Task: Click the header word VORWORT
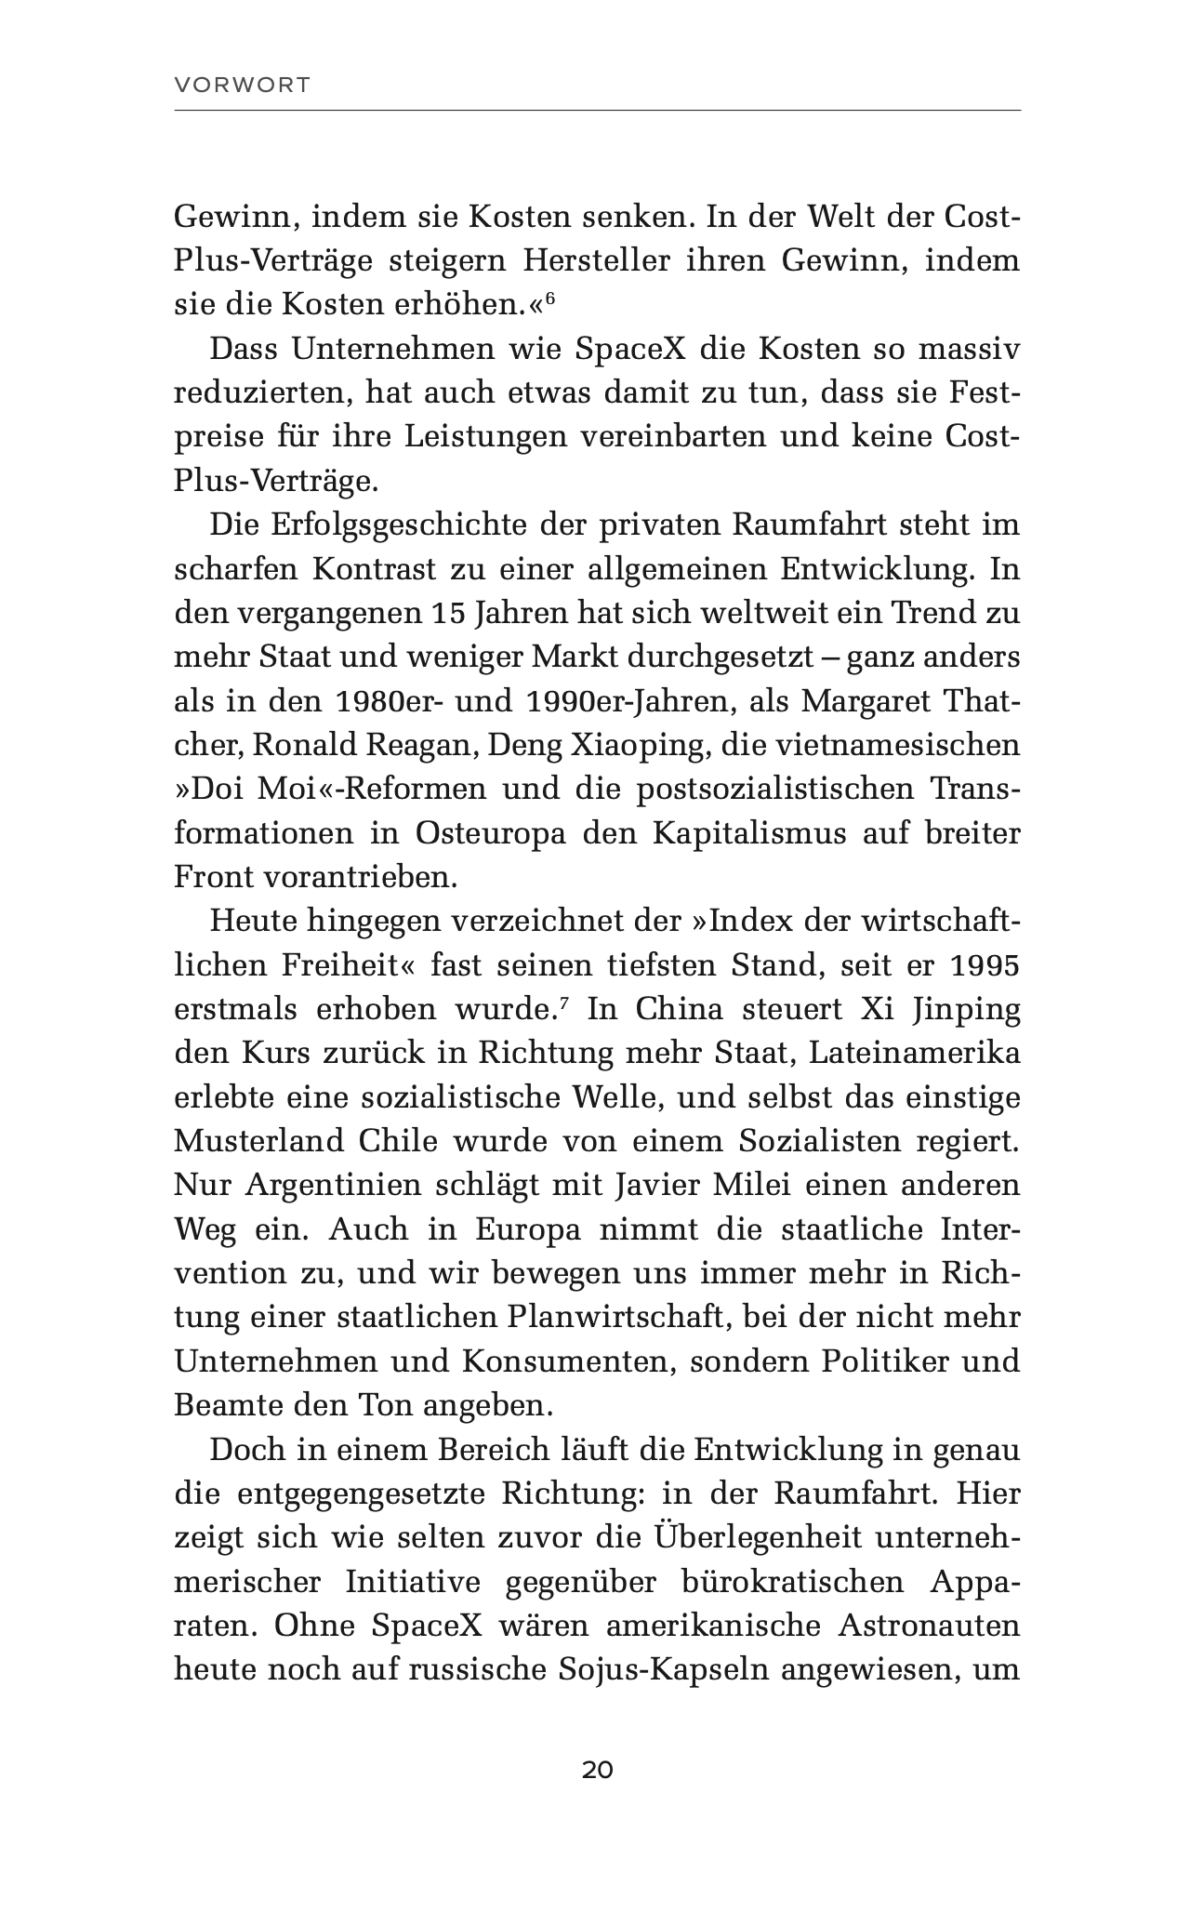(x=242, y=86)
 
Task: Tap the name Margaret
(x=870, y=701)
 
